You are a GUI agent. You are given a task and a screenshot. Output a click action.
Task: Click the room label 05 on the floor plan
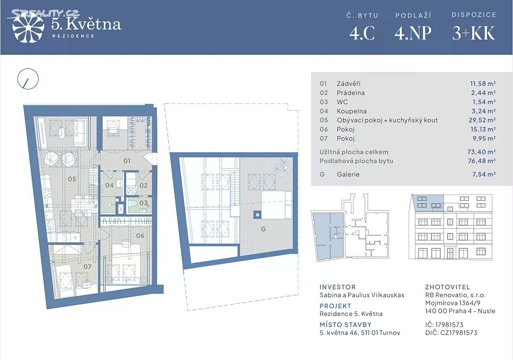tap(72, 179)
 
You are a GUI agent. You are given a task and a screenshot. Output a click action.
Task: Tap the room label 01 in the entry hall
tap(127, 161)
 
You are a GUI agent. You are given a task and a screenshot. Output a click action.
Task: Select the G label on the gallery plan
tap(263, 229)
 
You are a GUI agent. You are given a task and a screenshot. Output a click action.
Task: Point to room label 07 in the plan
tap(87, 266)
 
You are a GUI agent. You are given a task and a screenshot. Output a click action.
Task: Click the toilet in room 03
tap(133, 204)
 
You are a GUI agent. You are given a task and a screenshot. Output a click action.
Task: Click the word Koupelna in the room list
tap(351, 111)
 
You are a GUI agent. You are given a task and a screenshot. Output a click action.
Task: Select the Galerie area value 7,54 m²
tap(484, 174)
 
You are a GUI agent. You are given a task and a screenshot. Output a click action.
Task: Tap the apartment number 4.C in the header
tap(362, 33)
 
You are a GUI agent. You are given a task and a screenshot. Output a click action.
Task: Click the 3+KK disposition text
tap(474, 33)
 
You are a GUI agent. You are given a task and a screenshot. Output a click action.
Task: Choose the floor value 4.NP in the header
tap(413, 33)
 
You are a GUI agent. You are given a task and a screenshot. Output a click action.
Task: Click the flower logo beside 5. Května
tap(28, 27)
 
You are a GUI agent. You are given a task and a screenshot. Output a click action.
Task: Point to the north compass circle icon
tap(28, 79)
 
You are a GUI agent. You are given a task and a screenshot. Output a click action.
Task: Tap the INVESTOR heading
tap(338, 287)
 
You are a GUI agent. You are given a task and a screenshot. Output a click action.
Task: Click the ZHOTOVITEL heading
tap(448, 287)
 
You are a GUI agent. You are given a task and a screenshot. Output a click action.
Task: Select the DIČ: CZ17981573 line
tap(451, 333)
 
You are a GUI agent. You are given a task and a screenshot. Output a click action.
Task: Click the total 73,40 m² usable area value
tap(482, 152)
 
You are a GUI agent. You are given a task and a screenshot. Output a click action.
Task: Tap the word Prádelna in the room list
tap(351, 93)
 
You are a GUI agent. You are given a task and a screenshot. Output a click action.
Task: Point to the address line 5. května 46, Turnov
tap(360, 333)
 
